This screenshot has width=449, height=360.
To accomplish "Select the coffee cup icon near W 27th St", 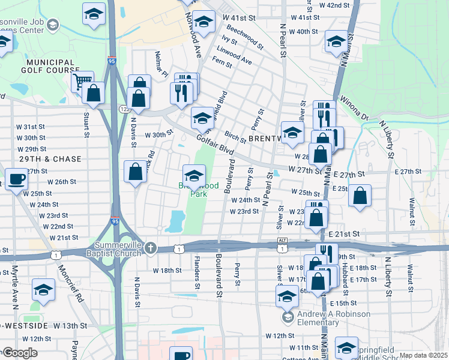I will tap(16, 179).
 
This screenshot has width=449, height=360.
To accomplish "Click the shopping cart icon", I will tap(82, 80).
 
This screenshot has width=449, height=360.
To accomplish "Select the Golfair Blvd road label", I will tap(215, 147).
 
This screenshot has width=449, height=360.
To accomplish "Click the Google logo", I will tap(19, 353).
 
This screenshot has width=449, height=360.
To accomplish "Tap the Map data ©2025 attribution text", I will tap(423, 355).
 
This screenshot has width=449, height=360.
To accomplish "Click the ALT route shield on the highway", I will tap(282, 241).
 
